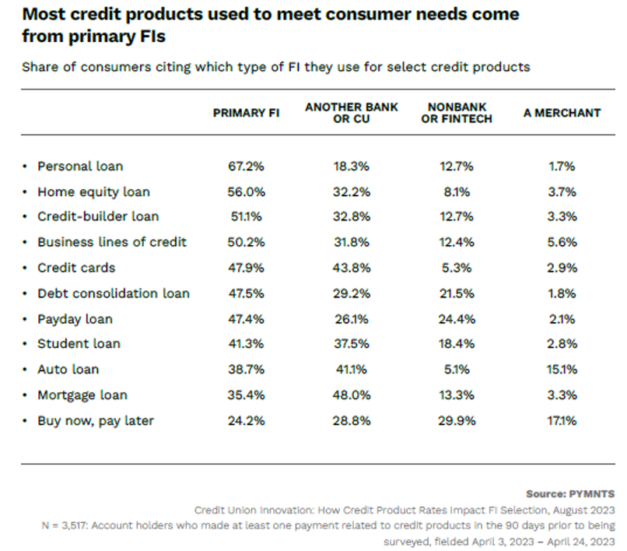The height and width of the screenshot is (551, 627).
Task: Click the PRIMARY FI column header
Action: point(246,113)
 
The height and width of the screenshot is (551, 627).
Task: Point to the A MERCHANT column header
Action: point(562,113)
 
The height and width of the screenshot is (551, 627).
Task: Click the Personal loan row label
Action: point(80,166)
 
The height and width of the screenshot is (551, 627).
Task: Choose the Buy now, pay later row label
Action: point(96,420)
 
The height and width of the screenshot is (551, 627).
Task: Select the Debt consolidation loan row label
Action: point(114,293)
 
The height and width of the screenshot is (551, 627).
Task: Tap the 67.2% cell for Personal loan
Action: point(247,166)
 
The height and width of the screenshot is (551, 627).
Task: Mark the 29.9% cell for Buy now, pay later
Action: point(459,420)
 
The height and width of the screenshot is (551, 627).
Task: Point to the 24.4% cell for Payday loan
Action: point(459,319)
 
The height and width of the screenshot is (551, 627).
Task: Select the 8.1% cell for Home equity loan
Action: point(459,191)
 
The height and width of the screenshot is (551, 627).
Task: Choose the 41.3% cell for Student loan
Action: point(247,344)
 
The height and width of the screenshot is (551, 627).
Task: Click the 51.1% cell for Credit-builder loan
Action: point(247,216)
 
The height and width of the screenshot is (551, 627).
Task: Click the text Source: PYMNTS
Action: point(571,494)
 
